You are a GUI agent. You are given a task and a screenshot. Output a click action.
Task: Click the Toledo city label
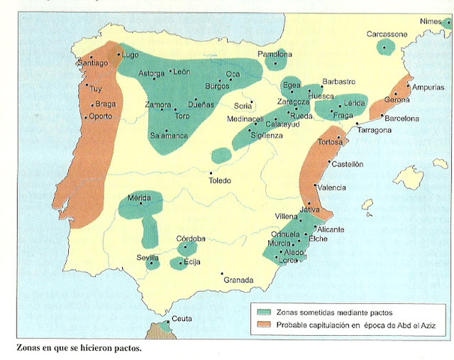[x=220, y=181]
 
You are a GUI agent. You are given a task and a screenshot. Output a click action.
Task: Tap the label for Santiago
[x=92, y=64]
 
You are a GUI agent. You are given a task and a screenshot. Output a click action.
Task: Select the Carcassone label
[x=387, y=34]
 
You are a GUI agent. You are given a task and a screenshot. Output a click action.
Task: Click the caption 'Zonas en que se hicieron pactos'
[x=78, y=349]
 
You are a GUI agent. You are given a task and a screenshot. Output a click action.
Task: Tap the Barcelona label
[x=402, y=118]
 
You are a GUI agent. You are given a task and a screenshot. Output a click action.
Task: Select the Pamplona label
[x=274, y=55]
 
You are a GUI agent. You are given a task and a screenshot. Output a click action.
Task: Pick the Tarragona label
[x=374, y=130]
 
